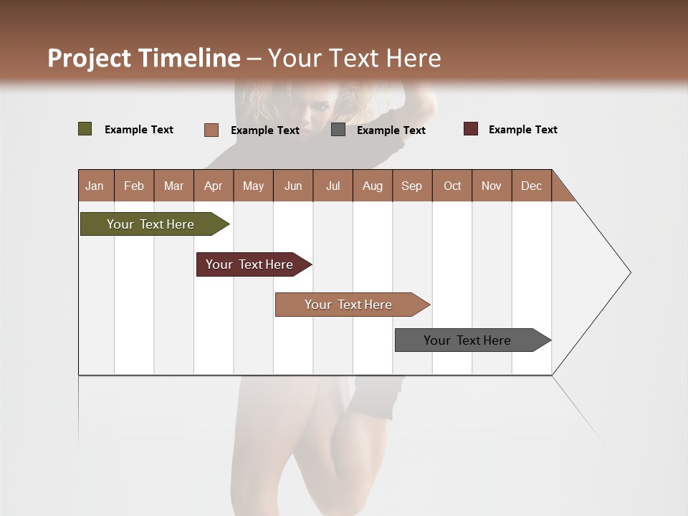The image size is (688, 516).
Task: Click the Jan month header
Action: coord(95,186)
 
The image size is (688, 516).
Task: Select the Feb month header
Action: coord(134,186)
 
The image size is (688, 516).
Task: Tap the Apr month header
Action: coord(213,186)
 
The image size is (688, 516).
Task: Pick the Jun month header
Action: coord(293,186)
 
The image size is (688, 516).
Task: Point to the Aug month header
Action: coord(372,186)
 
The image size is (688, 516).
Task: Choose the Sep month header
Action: coord(411,186)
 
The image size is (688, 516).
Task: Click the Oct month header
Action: coord(452,186)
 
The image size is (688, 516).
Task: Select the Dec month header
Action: coord(531,186)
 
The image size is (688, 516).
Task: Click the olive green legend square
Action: coord(85,129)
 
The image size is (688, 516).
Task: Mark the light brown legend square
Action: coord(211,130)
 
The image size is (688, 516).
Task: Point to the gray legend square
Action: coord(338,130)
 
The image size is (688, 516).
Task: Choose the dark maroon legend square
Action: coord(470,129)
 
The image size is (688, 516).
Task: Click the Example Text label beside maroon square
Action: coord(522,130)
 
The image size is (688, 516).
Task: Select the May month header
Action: coord(253,186)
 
